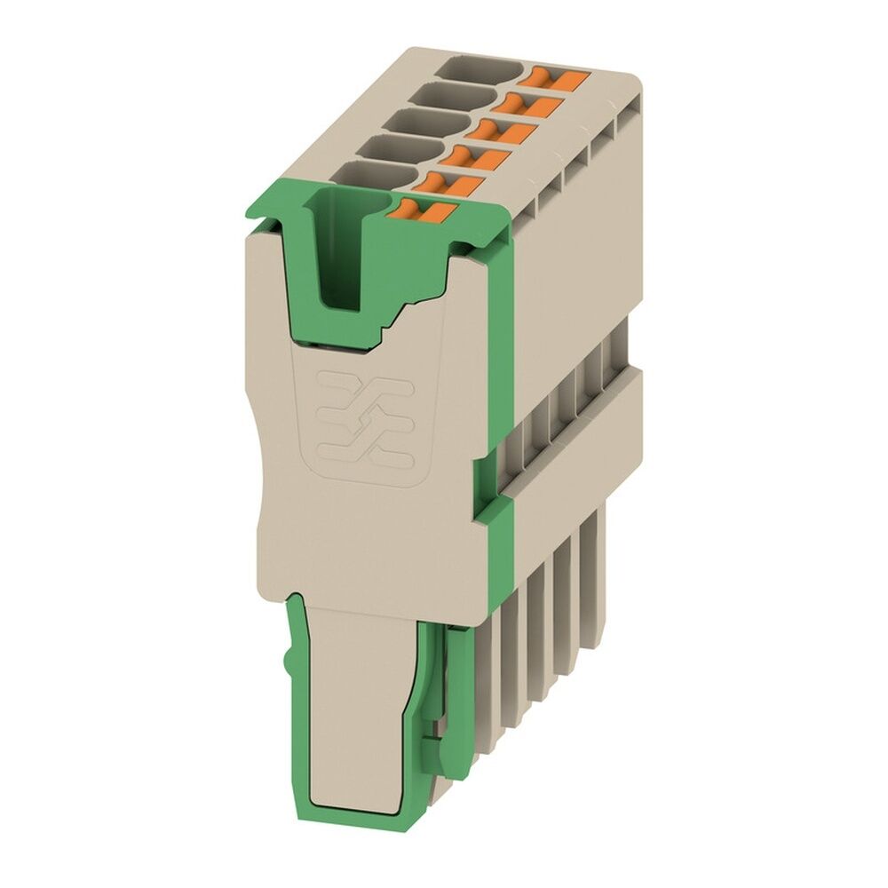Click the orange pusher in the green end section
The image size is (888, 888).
click(424, 210)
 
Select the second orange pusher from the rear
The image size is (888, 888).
click(532, 106)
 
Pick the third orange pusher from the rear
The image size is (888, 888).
click(506, 132)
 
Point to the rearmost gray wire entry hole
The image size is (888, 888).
click(485, 67)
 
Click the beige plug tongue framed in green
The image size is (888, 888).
click(355, 702)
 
